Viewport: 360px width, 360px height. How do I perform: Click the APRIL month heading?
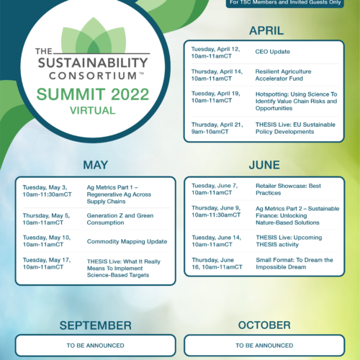pyautogui.click(x=266, y=31)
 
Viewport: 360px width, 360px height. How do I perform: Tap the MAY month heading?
pyautogui.click(x=96, y=165)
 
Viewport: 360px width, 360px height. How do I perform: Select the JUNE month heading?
pyautogui.click(x=264, y=165)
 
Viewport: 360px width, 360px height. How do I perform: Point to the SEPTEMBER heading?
pyautogui.click(x=96, y=325)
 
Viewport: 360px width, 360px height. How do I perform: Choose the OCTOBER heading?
pyautogui.click(x=264, y=325)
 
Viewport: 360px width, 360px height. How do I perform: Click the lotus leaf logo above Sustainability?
pyautogui.click(x=94, y=35)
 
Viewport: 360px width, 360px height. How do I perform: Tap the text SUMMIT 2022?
pyautogui.click(x=93, y=94)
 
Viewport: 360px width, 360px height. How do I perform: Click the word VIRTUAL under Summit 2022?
pyautogui.click(x=93, y=111)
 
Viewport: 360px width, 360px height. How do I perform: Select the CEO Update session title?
pyautogui.click(x=273, y=52)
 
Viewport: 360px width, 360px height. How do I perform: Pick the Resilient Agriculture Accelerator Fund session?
pyautogui.click(x=283, y=75)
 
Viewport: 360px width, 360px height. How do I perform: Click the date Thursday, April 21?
pyautogui.click(x=217, y=125)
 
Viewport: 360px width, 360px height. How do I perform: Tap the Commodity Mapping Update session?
pyautogui.click(x=127, y=241)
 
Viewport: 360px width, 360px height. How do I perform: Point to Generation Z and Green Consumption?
pyautogui.click(x=120, y=219)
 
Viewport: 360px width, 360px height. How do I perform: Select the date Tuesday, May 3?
pyautogui.click(x=45, y=187)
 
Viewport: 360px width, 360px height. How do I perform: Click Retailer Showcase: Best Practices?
pyautogui.click(x=288, y=189)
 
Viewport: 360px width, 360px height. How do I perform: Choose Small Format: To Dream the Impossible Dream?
pyautogui.click(x=294, y=264)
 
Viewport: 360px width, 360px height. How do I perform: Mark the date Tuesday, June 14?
pyautogui.click(x=217, y=238)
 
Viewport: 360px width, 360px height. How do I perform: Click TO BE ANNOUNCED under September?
pyautogui.click(x=96, y=346)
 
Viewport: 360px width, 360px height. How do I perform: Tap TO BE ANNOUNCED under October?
pyautogui.click(x=264, y=346)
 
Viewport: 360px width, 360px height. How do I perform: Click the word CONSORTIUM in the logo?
pyautogui.click(x=93, y=76)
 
